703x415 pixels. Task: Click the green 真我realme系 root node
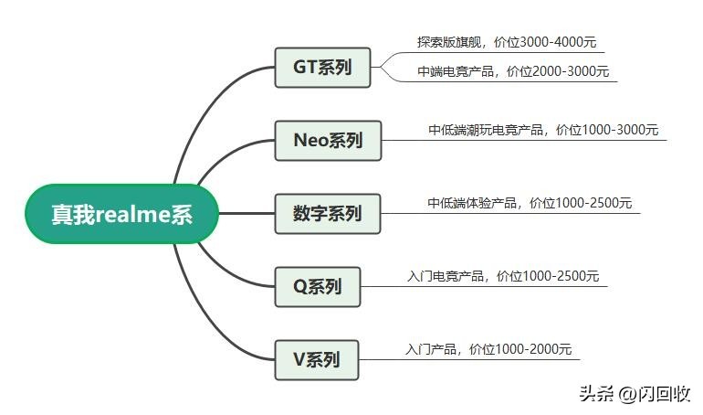[x=121, y=214]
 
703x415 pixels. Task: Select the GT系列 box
[x=322, y=68]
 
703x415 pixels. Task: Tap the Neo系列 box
[x=328, y=141]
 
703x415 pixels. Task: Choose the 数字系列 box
[x=328, y=214]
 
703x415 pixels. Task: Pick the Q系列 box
[x=318, y=287]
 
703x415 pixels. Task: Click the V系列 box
[x=317, y=359]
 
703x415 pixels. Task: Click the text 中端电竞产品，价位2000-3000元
[x=513, y=71]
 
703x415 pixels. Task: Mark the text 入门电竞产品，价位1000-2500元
[x=503, y=275]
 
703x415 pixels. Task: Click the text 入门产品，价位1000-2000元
[x=488, y=348]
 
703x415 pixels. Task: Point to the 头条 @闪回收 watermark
[x=635, y=393]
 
